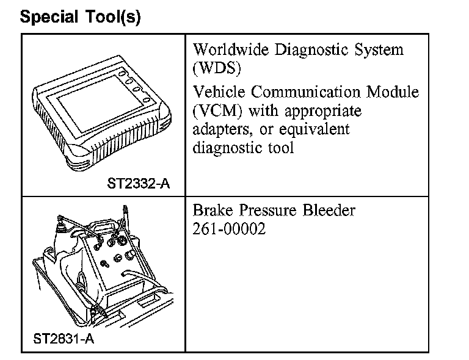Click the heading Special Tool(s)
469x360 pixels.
pyautogui.click(x=80, y=16)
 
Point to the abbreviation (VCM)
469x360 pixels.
pyautogui.click(x=214, y=111)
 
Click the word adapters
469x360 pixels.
pyautogui.click(x=220, y=129)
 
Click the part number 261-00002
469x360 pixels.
pyautogui.click(x=229, y=231)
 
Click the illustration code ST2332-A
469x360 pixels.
pyautogui.click(x=138, y=182)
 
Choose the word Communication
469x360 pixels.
pyautogui.click(x=307, y=92)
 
